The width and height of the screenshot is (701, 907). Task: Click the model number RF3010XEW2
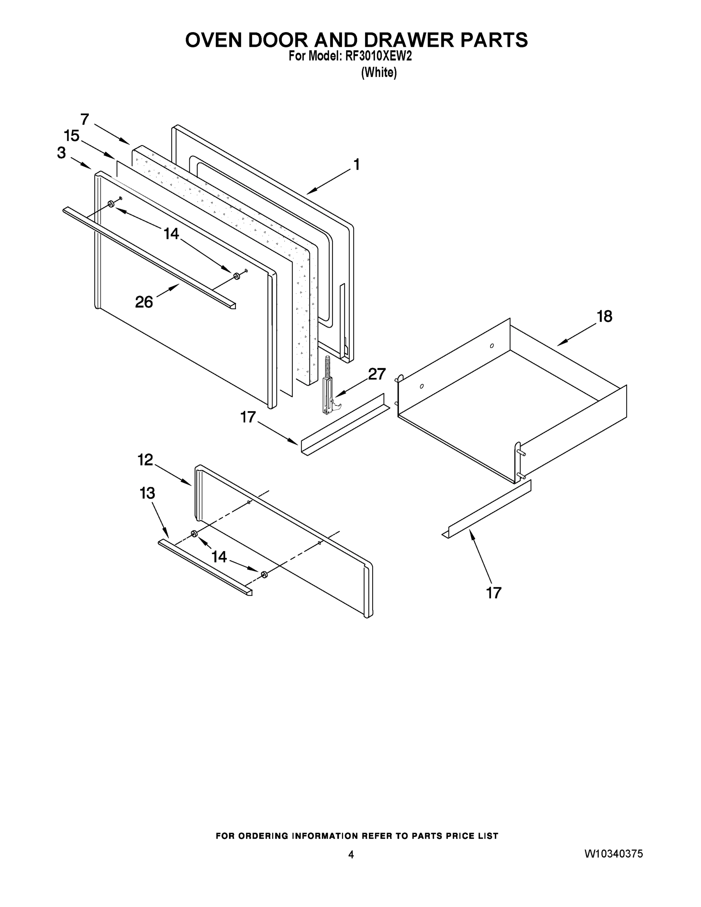click(378, 56)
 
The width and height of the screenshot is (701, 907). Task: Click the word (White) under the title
click(379, 73)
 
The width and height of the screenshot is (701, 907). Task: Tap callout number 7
click(85, 119)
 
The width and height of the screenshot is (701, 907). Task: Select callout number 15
click(71, 136)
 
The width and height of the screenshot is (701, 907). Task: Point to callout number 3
click(62, 153)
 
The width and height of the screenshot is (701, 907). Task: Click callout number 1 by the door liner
click(356, 164)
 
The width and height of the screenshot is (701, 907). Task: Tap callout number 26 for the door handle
click(144, 302)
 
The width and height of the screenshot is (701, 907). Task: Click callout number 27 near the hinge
click(377, 374)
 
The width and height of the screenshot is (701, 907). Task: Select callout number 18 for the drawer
click(604, 316)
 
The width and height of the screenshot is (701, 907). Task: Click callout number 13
click(147, 493)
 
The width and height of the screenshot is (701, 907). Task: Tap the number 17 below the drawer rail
click(494, 593)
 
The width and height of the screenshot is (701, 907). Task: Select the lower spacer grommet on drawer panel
click(264, 575)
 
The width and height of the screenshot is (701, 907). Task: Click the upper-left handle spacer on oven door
click(111, 204)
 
